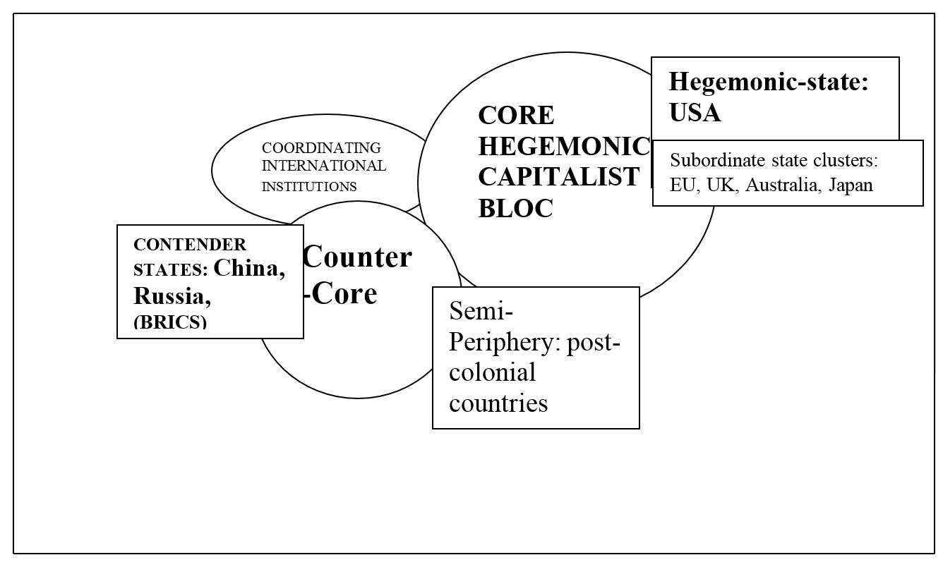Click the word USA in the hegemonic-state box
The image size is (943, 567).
pyautogui.click(x=695, y=113)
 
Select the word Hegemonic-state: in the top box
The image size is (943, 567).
pyautogui.click(x=769, y=82)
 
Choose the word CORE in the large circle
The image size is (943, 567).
pyautogui.click(x=516, y=114)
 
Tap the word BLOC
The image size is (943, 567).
pyautogui.click(x=515, y=208)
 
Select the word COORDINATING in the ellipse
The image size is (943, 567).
pyautogui.click(x=321, y=148)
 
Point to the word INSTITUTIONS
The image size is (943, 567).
pyautogui.click(x=309, y=187)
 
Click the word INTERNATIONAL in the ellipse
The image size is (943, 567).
pyautogui.click(x=324, y=166)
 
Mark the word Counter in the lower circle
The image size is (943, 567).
pyautogui.click(x=357, y=257)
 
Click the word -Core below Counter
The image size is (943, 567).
pyautogui.click(x=340, y=293)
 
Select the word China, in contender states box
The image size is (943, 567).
pyautogui.click(x=250, y=269)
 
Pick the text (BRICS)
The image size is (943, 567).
pyautogui.click(x=170, y=322)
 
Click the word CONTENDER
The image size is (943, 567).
pyautogui.click(x=190, y=245)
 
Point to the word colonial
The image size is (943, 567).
pyautogui.click(x=492, y=372)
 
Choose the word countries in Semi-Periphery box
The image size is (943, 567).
pyautogui.click(x=498, y=403)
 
